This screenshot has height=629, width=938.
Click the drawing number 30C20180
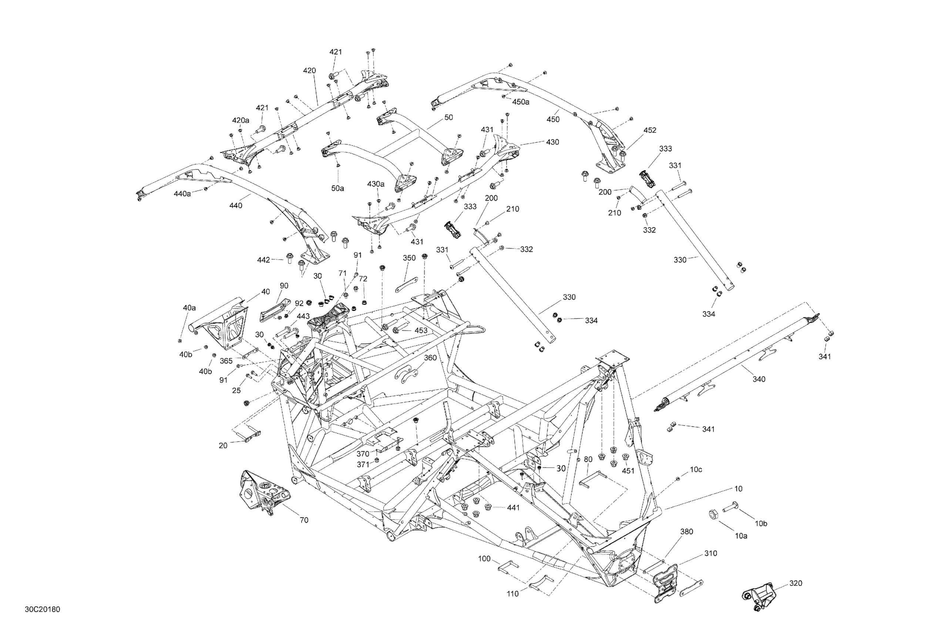click(x=43, y=609)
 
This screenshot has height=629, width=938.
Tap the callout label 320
click(x=795, y=583)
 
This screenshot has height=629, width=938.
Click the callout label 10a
click(x=741, y=535)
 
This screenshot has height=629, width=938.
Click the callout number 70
click(x=304, y=520)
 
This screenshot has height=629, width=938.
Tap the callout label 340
click(x=759, y=379)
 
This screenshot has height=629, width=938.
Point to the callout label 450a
click(x=520, y=102)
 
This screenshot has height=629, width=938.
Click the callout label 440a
click(x=182, y=194)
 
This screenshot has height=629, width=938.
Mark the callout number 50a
click(x=337, y=188)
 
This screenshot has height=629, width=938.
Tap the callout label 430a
click(x=376, y=184)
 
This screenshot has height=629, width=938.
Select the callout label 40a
click(x=189, y=308)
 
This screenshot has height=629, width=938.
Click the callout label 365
click(x=226, y=361)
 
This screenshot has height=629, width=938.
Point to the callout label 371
click(x=363, y=464)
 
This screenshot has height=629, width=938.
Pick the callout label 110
click(x=512, y=594)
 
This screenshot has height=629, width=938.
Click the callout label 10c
click(x=696, y=469)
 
